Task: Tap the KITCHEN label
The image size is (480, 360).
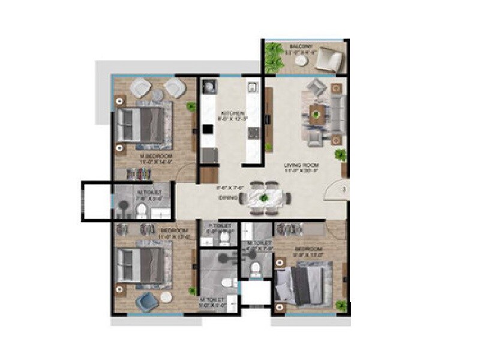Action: [x=230, y=113]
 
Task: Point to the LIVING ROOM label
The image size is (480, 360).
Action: [x=302, y=165]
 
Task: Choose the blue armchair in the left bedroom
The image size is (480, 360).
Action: [x=145, y=302]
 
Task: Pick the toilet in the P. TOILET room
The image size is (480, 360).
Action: [x=223, y=238]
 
